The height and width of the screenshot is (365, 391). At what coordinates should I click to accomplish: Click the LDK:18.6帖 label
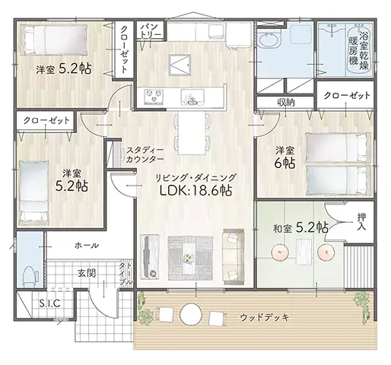point(195,190)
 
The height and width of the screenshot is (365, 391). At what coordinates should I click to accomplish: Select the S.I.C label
point(49,303)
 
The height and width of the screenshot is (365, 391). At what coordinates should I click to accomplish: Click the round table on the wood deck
point(192,314)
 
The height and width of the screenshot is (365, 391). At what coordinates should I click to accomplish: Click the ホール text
point(87,246)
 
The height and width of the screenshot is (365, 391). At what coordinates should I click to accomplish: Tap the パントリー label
point(151,30)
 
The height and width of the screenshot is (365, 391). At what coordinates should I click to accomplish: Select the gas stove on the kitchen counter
point(154,97)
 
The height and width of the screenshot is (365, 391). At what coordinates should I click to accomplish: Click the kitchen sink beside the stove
point(192,97)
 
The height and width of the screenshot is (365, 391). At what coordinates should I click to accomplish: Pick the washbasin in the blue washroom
point(269,40)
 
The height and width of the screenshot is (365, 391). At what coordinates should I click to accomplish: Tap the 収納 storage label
point(285,103)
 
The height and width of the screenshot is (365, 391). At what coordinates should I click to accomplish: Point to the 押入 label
point(361,221)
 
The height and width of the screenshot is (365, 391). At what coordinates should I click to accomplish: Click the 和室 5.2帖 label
point(300,228)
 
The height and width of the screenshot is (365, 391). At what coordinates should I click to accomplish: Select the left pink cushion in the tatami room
point(280,252)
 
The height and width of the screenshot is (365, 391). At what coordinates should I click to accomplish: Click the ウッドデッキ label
point(265,317)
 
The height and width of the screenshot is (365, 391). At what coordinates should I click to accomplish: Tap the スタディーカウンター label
point(145,154)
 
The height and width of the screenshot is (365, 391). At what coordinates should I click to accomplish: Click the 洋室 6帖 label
point(285,157)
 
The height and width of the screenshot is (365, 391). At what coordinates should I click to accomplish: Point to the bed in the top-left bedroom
point(54,40)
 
